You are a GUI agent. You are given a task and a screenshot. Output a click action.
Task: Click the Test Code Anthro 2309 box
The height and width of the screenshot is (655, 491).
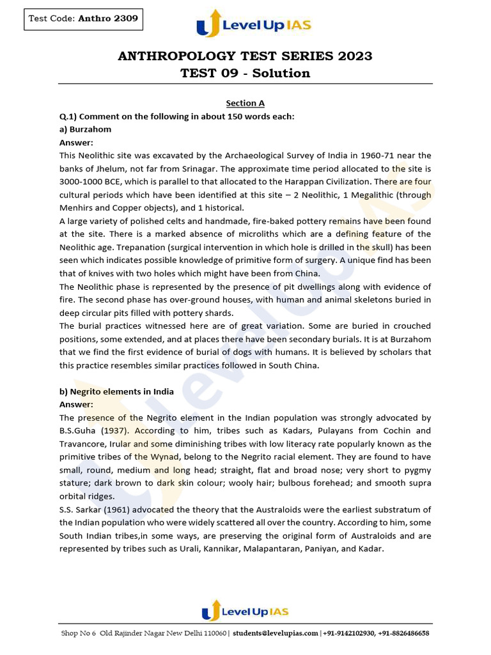coord(82,19)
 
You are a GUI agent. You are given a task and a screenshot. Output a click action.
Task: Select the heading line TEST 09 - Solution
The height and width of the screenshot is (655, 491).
coord(245,73)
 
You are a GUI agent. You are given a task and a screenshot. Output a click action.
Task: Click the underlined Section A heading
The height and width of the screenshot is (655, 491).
coord(245,103)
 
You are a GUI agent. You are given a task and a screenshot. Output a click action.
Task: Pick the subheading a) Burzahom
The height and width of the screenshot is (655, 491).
coord(85,129)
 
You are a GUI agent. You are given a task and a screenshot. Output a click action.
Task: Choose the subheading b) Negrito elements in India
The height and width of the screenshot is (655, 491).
coord(116,391)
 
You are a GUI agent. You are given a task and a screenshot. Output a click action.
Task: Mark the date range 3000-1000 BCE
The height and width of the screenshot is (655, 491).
coord(90,182)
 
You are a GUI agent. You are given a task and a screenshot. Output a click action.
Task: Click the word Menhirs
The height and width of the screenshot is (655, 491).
coord(77,208)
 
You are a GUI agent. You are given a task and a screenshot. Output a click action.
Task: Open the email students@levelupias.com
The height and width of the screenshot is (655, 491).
coord(276,633)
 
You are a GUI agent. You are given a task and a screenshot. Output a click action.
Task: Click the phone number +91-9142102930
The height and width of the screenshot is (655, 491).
coord(348,633)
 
